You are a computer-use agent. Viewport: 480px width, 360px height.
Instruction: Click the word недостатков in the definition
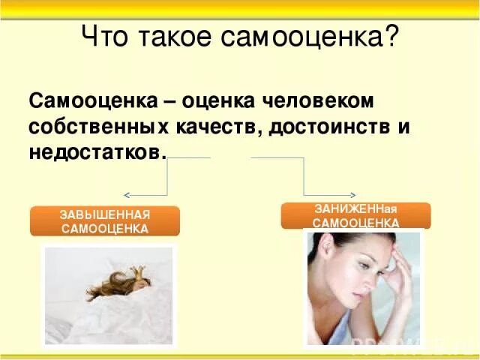tap(94, 151)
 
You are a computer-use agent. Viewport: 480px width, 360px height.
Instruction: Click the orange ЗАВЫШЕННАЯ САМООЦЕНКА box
tap(104, 221)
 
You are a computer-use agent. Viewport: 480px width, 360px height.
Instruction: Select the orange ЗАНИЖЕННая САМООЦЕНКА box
tap(355, 215)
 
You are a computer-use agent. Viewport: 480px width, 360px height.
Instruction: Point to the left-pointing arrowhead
tap(127, 194)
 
